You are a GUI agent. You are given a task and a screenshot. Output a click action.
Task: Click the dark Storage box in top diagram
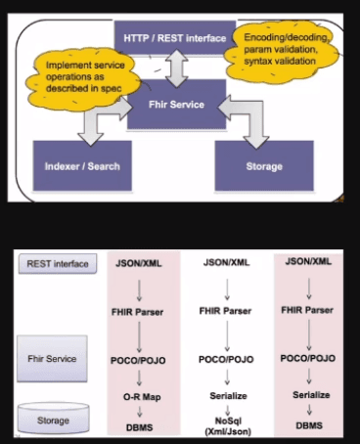[x=263, y=166]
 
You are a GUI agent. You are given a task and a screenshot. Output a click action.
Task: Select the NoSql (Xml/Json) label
[x=227, y=422]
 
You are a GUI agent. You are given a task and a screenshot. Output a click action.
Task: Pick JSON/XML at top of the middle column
[x=227, y=263]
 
